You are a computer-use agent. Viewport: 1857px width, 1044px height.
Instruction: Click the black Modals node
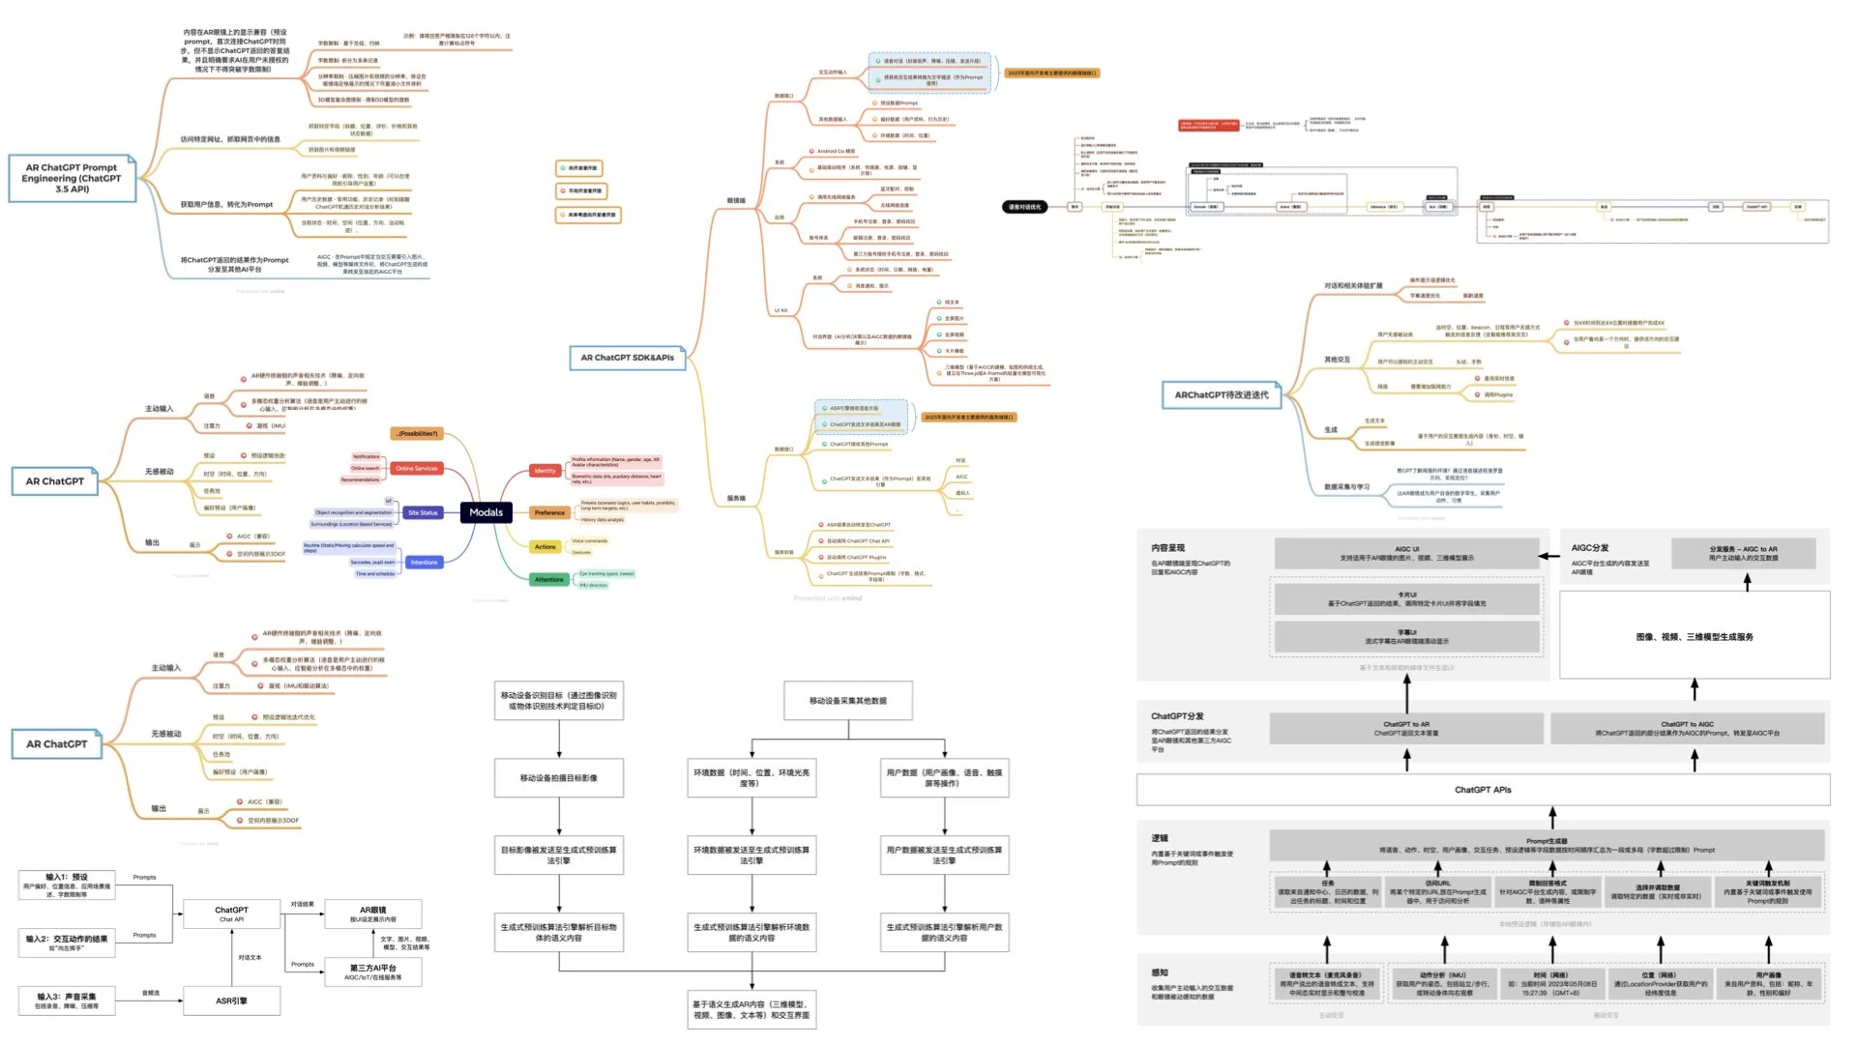tap(486, 512)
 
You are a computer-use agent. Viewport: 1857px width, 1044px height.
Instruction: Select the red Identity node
tap(545, 471)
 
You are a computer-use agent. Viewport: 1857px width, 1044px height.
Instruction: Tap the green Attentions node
tap(548, 579)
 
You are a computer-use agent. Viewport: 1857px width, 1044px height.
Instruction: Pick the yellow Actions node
tap(545, 546)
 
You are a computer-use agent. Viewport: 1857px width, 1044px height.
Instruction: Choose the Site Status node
tap(423, 512)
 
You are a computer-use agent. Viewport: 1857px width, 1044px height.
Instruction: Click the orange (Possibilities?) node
tap(417, 433)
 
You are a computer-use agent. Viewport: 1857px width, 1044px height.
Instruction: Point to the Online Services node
tap(416, 468)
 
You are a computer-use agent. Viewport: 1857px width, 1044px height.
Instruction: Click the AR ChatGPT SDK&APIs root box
tap(627, 358)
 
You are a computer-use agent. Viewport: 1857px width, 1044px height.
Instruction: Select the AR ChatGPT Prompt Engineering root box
tap(72, 178)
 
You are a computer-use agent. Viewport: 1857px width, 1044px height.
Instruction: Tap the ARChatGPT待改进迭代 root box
tap(1221, 394)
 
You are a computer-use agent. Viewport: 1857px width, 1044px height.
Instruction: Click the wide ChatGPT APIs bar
tap(1483, 790)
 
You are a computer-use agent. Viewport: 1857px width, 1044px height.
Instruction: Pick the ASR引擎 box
tap(231, 1000)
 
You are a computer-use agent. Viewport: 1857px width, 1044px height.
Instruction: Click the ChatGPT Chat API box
tap(231, 913)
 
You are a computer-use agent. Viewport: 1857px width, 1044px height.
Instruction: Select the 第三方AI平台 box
tap(372, 971)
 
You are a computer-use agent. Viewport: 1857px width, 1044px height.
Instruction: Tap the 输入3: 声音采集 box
tap(67, 1000)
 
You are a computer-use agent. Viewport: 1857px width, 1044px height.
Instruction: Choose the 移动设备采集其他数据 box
tap(847, 701)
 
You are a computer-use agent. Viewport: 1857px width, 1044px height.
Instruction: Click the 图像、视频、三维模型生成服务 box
tap(1695, 636)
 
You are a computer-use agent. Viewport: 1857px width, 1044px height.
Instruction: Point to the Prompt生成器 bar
tap(1547, 846)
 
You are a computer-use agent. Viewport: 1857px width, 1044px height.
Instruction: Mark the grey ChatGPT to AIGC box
tap(1687, 728)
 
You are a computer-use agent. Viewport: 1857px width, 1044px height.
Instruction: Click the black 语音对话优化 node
tap(1024, 207)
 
